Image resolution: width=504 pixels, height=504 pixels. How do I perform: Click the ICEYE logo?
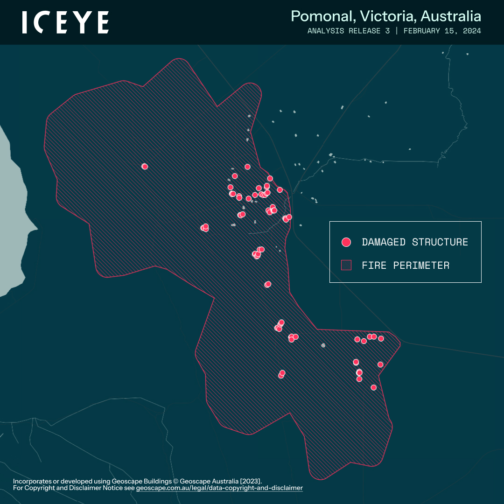click(x=65, y=22)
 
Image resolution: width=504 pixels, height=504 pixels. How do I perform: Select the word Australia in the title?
click(x=450, y=16)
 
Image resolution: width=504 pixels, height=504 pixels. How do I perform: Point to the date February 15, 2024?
click(x=442, y=31)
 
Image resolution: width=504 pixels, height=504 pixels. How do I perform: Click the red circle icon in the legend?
click(x=346, y=242)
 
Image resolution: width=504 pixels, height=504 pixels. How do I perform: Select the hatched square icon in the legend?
click(x=346, y=265)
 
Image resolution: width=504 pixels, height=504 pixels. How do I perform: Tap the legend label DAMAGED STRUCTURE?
click(x=415, y=242)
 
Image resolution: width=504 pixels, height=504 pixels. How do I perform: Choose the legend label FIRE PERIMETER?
click(x=406, y=266)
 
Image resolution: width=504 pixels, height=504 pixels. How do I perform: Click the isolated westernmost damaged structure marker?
click(x=145, y=166)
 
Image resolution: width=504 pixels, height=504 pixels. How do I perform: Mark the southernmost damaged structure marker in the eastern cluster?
click(x=373, y=387)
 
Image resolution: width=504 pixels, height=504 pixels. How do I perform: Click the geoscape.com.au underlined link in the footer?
click(x=219, y=488)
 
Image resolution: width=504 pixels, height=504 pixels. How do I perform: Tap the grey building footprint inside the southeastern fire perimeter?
click(x=323, y=345)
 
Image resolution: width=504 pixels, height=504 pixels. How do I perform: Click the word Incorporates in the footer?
click(x=31, y=481)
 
